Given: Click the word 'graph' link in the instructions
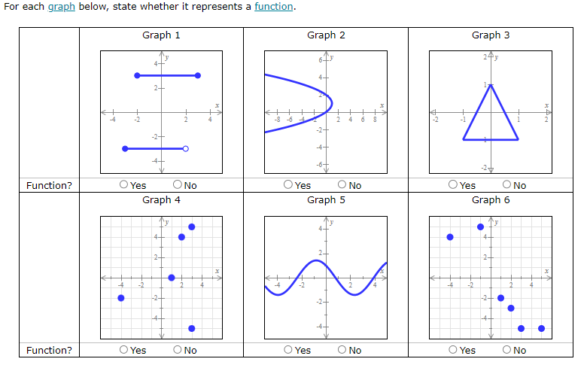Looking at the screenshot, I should tap(57, 7).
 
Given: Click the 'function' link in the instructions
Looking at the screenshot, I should tap(274, 7).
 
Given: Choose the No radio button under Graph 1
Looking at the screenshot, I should tap(178, 185).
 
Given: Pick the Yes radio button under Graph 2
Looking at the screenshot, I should tap(289, 185).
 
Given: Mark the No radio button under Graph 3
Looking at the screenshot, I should tap(507, 185).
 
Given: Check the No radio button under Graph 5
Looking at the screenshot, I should tap(342, 350).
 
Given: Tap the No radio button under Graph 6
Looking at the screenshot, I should tap(507, 350).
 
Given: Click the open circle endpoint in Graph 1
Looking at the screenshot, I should tap(186, 149).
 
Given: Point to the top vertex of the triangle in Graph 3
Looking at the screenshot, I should tap(491, 84).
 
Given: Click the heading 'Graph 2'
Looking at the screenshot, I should tap(326, 35).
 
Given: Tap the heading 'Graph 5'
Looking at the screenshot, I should tap(326, 199).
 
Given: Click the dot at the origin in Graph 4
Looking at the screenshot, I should tap(172, 278).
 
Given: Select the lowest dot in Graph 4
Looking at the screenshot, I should tap(192, 328).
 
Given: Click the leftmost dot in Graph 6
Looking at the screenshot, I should tap(450, 237).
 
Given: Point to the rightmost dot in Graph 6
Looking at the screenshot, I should tap(541, 328).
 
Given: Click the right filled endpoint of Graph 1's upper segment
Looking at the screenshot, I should tap(198, 75).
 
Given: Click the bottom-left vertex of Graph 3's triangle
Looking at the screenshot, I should tap(464, 139).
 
